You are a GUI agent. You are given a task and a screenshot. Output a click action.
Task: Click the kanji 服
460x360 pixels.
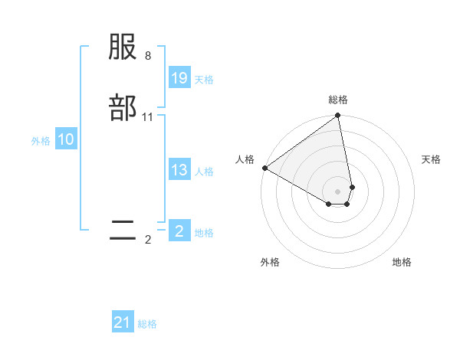point(123,48)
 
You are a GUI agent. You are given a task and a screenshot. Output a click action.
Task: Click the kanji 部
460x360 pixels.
point(123,108)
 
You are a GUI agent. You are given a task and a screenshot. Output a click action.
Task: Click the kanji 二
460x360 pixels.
point(123,231)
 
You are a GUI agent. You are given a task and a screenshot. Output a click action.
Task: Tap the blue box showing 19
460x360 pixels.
point(179,78)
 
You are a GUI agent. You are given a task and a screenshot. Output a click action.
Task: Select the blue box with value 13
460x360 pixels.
point(179,170)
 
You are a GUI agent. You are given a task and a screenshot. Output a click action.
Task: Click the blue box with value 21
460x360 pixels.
point(123,322)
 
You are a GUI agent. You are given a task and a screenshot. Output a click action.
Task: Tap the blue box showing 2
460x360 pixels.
point(179,231)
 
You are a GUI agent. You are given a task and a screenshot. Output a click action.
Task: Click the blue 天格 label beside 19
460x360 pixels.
point(204,80)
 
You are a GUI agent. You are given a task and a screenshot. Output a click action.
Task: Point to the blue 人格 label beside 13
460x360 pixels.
point(204,172)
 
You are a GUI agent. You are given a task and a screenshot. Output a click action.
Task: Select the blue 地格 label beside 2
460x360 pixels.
point(204,233)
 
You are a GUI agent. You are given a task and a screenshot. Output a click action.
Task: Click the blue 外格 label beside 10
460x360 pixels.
point(41,141)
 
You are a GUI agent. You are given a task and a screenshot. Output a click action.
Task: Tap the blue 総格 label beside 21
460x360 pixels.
point(147,324)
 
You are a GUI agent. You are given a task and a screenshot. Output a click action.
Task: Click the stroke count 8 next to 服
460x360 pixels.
point(148,57)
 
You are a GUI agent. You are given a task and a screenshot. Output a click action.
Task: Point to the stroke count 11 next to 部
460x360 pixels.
point(148,117)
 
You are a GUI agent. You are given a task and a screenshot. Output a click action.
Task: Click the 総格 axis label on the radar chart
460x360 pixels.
point(338,100)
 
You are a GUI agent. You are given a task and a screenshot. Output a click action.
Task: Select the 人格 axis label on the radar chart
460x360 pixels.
point(245,159)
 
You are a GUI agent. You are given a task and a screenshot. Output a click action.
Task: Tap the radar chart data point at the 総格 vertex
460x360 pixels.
point(338,116)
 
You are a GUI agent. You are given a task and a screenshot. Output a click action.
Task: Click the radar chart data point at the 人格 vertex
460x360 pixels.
point(264,168)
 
